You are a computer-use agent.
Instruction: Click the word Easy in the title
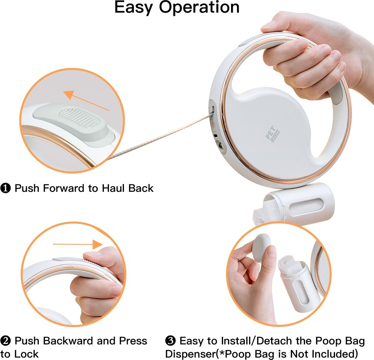(x=134, y=7)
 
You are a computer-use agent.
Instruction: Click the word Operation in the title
(x=199, y=7)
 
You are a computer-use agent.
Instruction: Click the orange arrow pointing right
(x=78, y=244)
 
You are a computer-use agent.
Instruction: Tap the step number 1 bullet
(x=6, y=188)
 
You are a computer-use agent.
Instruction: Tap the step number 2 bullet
(x=6, y=341)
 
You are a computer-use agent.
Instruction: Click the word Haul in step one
(x=111, y=188)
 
